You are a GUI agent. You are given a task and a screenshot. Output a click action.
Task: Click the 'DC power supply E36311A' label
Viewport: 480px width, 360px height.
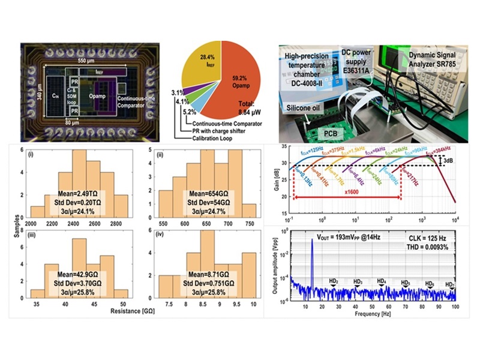(365, 57)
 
